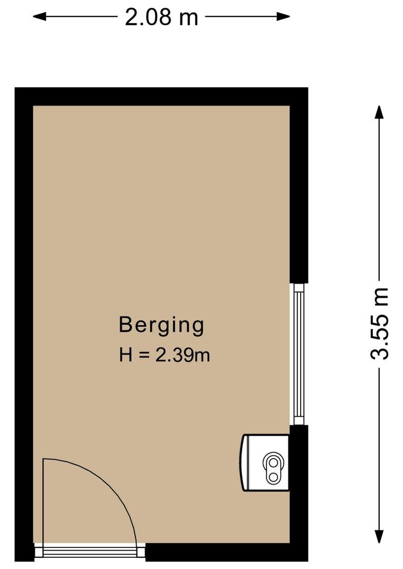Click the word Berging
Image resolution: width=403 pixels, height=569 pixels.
tap(161, 326)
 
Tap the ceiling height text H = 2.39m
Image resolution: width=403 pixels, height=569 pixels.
tap(165, 355)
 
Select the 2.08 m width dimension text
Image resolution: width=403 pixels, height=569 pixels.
tap(161, 17)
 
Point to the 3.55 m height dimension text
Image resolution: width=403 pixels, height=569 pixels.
tap(380, 323)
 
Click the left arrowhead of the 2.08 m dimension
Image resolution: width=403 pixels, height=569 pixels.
tap(39, 16)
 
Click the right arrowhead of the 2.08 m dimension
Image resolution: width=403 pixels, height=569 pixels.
tap(283, 16)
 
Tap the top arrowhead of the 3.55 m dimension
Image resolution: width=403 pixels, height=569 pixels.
tap(379, 112)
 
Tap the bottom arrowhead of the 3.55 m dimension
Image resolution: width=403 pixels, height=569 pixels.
tap(379, 536)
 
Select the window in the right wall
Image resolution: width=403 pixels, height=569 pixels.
tap(299, 354)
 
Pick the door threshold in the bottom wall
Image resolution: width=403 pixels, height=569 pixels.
tap(89, 552)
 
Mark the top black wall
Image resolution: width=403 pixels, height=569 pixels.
tap(161, 96)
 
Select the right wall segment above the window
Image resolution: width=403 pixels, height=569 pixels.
tap(299, 185)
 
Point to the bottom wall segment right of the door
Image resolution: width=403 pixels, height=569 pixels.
tap(227, 552)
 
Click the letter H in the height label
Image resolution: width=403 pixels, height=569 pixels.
tap(126, 355)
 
